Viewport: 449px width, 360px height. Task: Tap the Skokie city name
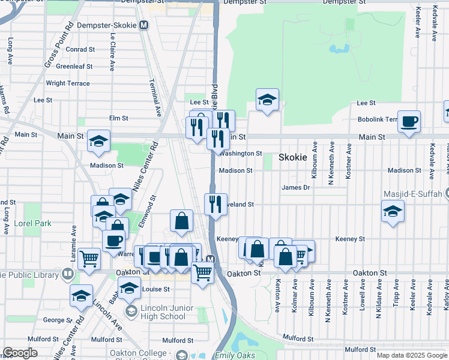(x=293, y=157)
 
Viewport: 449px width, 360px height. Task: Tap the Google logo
(x=20, y=353)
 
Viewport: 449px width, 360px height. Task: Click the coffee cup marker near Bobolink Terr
(x=409, y=122)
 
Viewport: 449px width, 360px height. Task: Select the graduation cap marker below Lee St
(x=267, y=100)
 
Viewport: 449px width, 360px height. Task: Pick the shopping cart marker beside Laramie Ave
(x=89, y=259)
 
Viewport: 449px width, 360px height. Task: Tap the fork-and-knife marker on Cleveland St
(x=215, y=204)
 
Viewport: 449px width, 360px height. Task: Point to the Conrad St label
(x=80, y=49)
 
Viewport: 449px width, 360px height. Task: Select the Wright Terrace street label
(x=68, y=83)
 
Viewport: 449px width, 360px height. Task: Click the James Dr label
(x=295, y=188)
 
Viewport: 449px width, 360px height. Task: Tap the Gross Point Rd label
(x=58, y=44)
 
